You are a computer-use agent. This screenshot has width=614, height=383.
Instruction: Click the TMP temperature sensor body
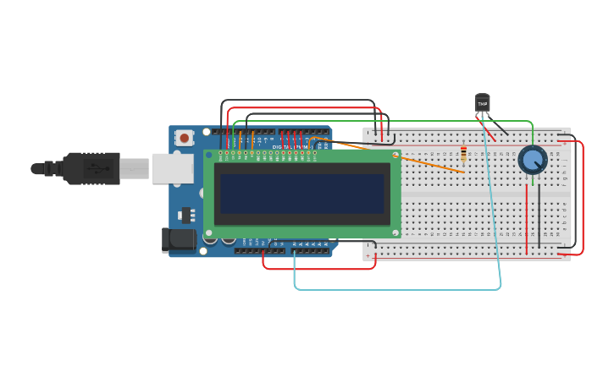483,103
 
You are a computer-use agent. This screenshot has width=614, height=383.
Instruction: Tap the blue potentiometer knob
532,159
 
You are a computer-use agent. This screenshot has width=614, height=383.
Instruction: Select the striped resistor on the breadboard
463,153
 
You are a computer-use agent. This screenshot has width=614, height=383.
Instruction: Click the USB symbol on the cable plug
100,168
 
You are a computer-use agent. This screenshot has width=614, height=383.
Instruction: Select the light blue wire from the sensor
398,289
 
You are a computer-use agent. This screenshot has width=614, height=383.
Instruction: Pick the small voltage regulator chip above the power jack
185,214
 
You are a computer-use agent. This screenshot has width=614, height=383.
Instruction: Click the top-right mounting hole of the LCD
395,155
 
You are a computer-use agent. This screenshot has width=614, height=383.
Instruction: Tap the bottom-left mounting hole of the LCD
209,233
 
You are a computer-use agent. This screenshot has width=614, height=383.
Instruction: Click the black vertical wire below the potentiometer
539,216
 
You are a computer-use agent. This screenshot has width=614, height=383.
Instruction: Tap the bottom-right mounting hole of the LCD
395,233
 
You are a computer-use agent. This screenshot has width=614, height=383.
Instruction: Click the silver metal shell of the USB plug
134,168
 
